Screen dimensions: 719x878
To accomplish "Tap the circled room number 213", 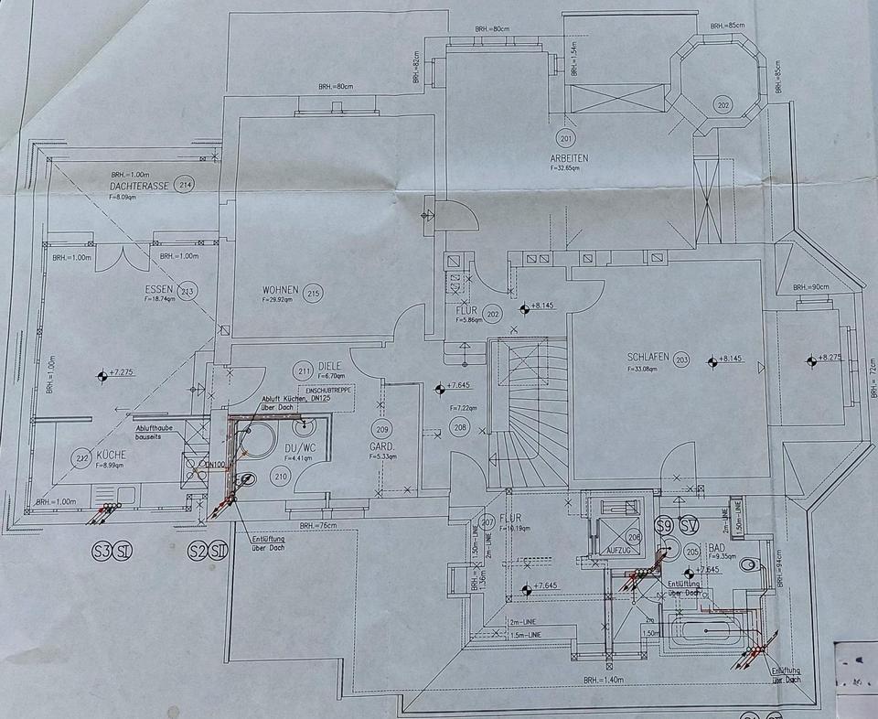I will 188,291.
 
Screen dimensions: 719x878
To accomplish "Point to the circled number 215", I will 314,293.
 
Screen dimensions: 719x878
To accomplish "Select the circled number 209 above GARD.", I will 382,429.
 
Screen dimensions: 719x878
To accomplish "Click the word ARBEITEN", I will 569,157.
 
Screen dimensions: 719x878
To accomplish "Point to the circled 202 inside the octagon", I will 723,106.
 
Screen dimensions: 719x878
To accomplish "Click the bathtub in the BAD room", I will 705,630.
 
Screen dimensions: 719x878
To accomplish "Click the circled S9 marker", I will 665,525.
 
